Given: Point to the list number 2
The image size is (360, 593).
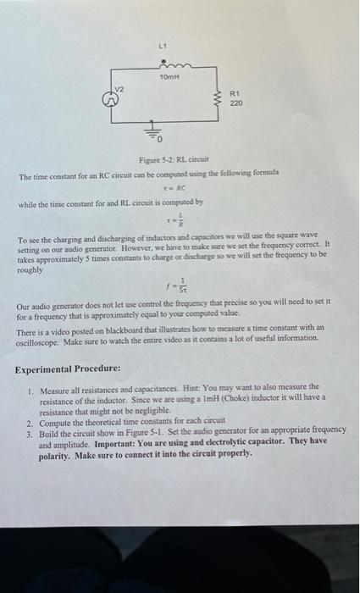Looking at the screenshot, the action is click(x=30, y=421).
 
